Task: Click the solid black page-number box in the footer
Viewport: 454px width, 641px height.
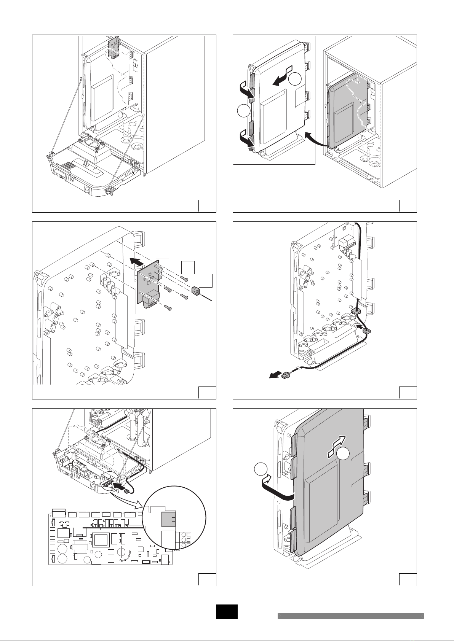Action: [227, 612]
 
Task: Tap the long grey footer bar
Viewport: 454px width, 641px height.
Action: [350, 616]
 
